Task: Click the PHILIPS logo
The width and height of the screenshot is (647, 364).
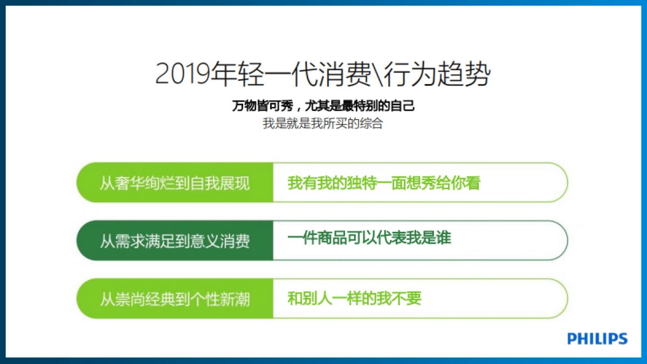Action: (x=597, y=339)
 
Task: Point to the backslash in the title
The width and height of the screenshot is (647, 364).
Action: (x=378, y=74)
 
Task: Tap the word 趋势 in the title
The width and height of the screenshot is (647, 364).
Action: (x=464, y=74)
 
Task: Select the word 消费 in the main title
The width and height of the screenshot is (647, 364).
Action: (x=346, y=74)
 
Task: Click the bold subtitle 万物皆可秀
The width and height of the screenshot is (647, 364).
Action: (x=263, y=106)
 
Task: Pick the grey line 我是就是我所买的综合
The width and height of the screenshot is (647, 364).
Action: (x=322, y=123)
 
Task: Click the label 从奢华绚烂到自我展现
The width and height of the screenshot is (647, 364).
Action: (x=175, y=183)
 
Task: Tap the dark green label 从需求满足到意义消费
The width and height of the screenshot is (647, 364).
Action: (x=175, y=241)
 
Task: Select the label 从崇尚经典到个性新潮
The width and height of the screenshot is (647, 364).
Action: (x=175, y=299)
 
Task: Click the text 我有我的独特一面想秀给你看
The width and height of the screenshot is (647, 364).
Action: (x=384, y=183)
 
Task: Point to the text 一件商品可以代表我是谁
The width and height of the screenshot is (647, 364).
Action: (x=369, y=238)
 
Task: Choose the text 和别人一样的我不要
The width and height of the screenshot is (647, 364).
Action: (x=354, y=298)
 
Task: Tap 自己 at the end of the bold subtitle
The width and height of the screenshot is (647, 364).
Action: (x=402, y=106)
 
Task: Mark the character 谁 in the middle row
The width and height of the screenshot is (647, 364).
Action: (x=444, y=238)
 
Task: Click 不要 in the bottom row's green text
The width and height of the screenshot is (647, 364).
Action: (x=407, y=298)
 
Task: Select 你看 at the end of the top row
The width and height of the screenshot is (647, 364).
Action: (x=466, y=183)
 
